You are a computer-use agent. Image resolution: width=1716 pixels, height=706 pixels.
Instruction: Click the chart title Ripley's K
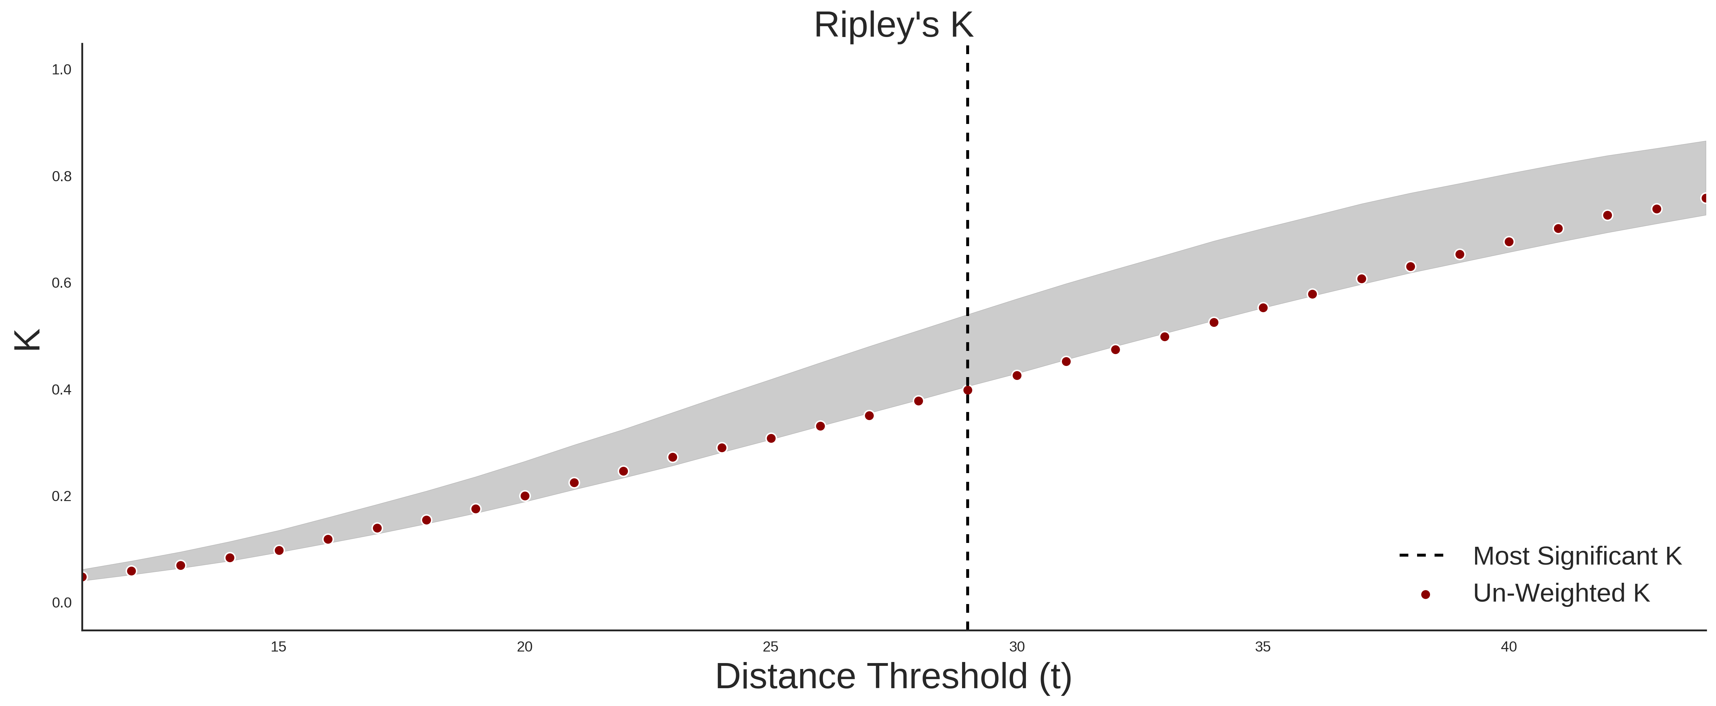893,25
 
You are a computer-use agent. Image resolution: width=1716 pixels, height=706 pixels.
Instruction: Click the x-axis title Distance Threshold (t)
893,677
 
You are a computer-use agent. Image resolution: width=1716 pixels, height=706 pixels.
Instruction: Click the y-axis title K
27,340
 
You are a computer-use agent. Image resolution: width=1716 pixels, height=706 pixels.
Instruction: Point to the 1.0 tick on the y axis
61,70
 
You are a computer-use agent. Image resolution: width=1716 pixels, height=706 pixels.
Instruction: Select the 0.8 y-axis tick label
61,177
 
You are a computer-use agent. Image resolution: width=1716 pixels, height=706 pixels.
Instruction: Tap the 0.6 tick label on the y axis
61,283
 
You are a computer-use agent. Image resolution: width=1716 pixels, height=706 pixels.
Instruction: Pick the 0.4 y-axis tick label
61,390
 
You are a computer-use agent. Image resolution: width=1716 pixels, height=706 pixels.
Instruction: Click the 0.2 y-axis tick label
61,496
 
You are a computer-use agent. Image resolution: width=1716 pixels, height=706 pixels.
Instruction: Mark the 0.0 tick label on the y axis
61,603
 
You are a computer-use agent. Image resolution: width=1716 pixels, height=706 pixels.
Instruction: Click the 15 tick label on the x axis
278,647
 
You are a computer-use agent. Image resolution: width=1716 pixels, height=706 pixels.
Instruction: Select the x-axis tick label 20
525,647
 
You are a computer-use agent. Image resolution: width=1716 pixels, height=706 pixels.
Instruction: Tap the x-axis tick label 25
771,647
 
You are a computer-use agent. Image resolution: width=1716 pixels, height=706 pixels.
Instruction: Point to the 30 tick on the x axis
1017,647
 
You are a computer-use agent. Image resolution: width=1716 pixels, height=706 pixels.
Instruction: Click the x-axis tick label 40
1509,647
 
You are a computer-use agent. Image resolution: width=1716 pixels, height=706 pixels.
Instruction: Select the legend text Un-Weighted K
1561,594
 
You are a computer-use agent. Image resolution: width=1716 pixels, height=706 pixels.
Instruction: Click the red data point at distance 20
525,496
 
